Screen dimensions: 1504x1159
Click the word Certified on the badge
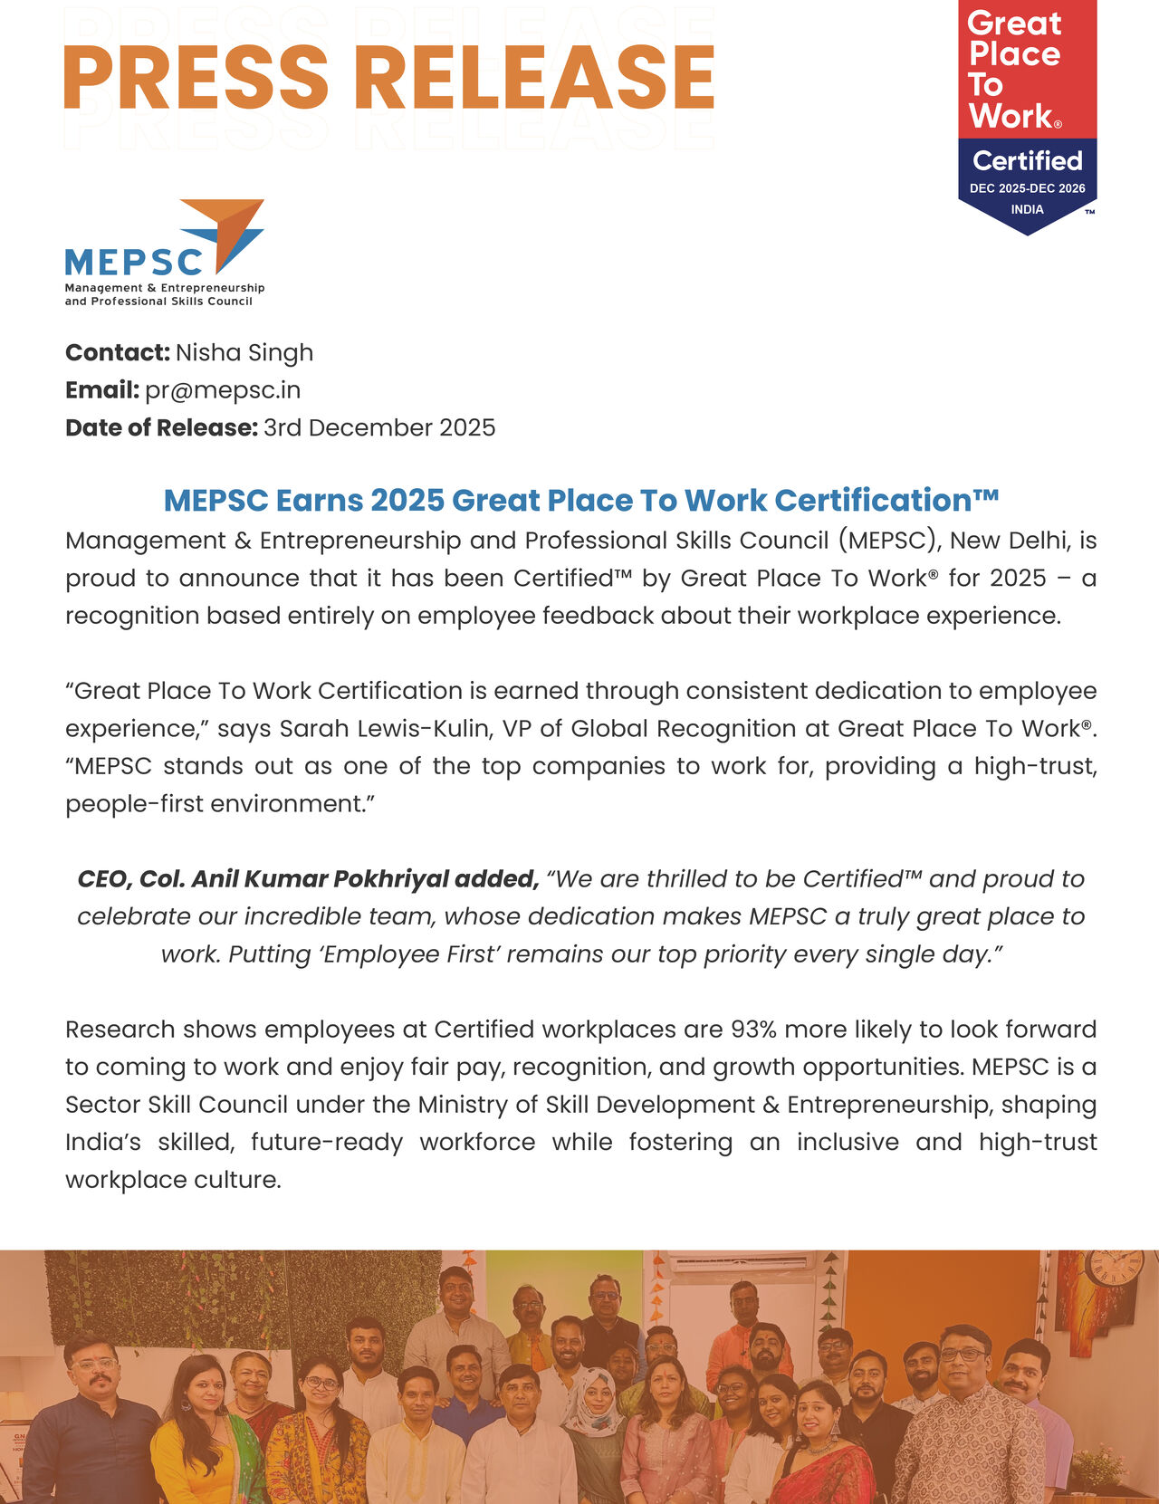pos(1027,161)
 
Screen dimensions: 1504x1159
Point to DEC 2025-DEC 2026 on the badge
pos(1027,188)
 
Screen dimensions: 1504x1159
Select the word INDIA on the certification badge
pos(1027,209)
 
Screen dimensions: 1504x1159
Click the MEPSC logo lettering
pos(134,263)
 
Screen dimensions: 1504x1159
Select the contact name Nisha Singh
pos(244,352)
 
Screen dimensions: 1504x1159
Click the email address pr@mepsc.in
pos(223,390)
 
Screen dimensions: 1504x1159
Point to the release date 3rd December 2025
pos(379,427)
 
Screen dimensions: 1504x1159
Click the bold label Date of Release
pos(162,427)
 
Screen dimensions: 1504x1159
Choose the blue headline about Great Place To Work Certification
pos(580,500)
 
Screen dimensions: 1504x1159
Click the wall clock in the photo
pos(1114,1267)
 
